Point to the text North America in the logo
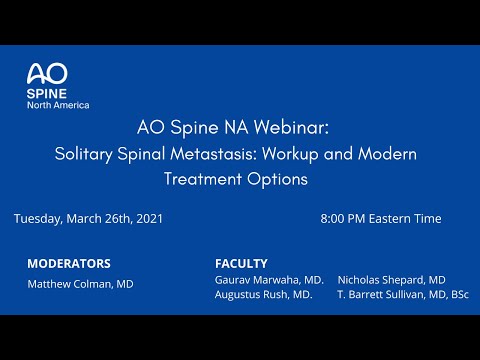click(58, 105)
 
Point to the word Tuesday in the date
click(41, 218)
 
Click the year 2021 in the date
click(147, 218)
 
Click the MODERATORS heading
click(69, 264)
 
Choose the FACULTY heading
click(241, 263)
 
